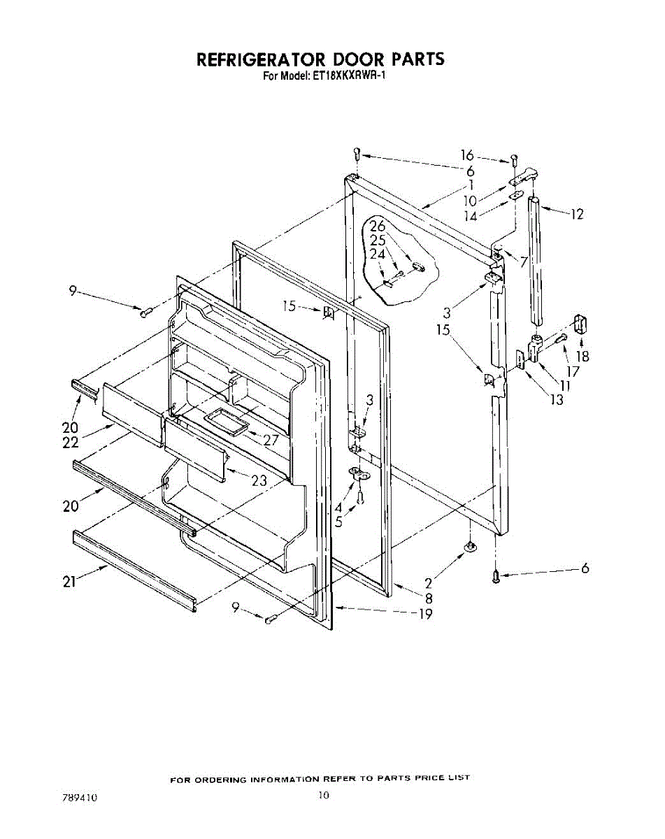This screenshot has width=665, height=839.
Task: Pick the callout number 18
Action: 582,356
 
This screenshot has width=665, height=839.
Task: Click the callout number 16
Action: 467,155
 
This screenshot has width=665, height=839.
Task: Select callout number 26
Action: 378,227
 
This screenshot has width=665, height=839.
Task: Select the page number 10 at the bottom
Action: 322,794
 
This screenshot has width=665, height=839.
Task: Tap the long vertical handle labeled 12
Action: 536,259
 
